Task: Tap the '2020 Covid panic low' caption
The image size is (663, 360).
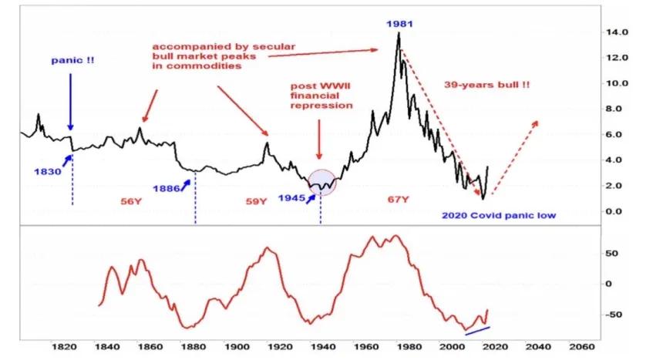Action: click(500, 216)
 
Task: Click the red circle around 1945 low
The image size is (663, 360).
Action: click(321, 182)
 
